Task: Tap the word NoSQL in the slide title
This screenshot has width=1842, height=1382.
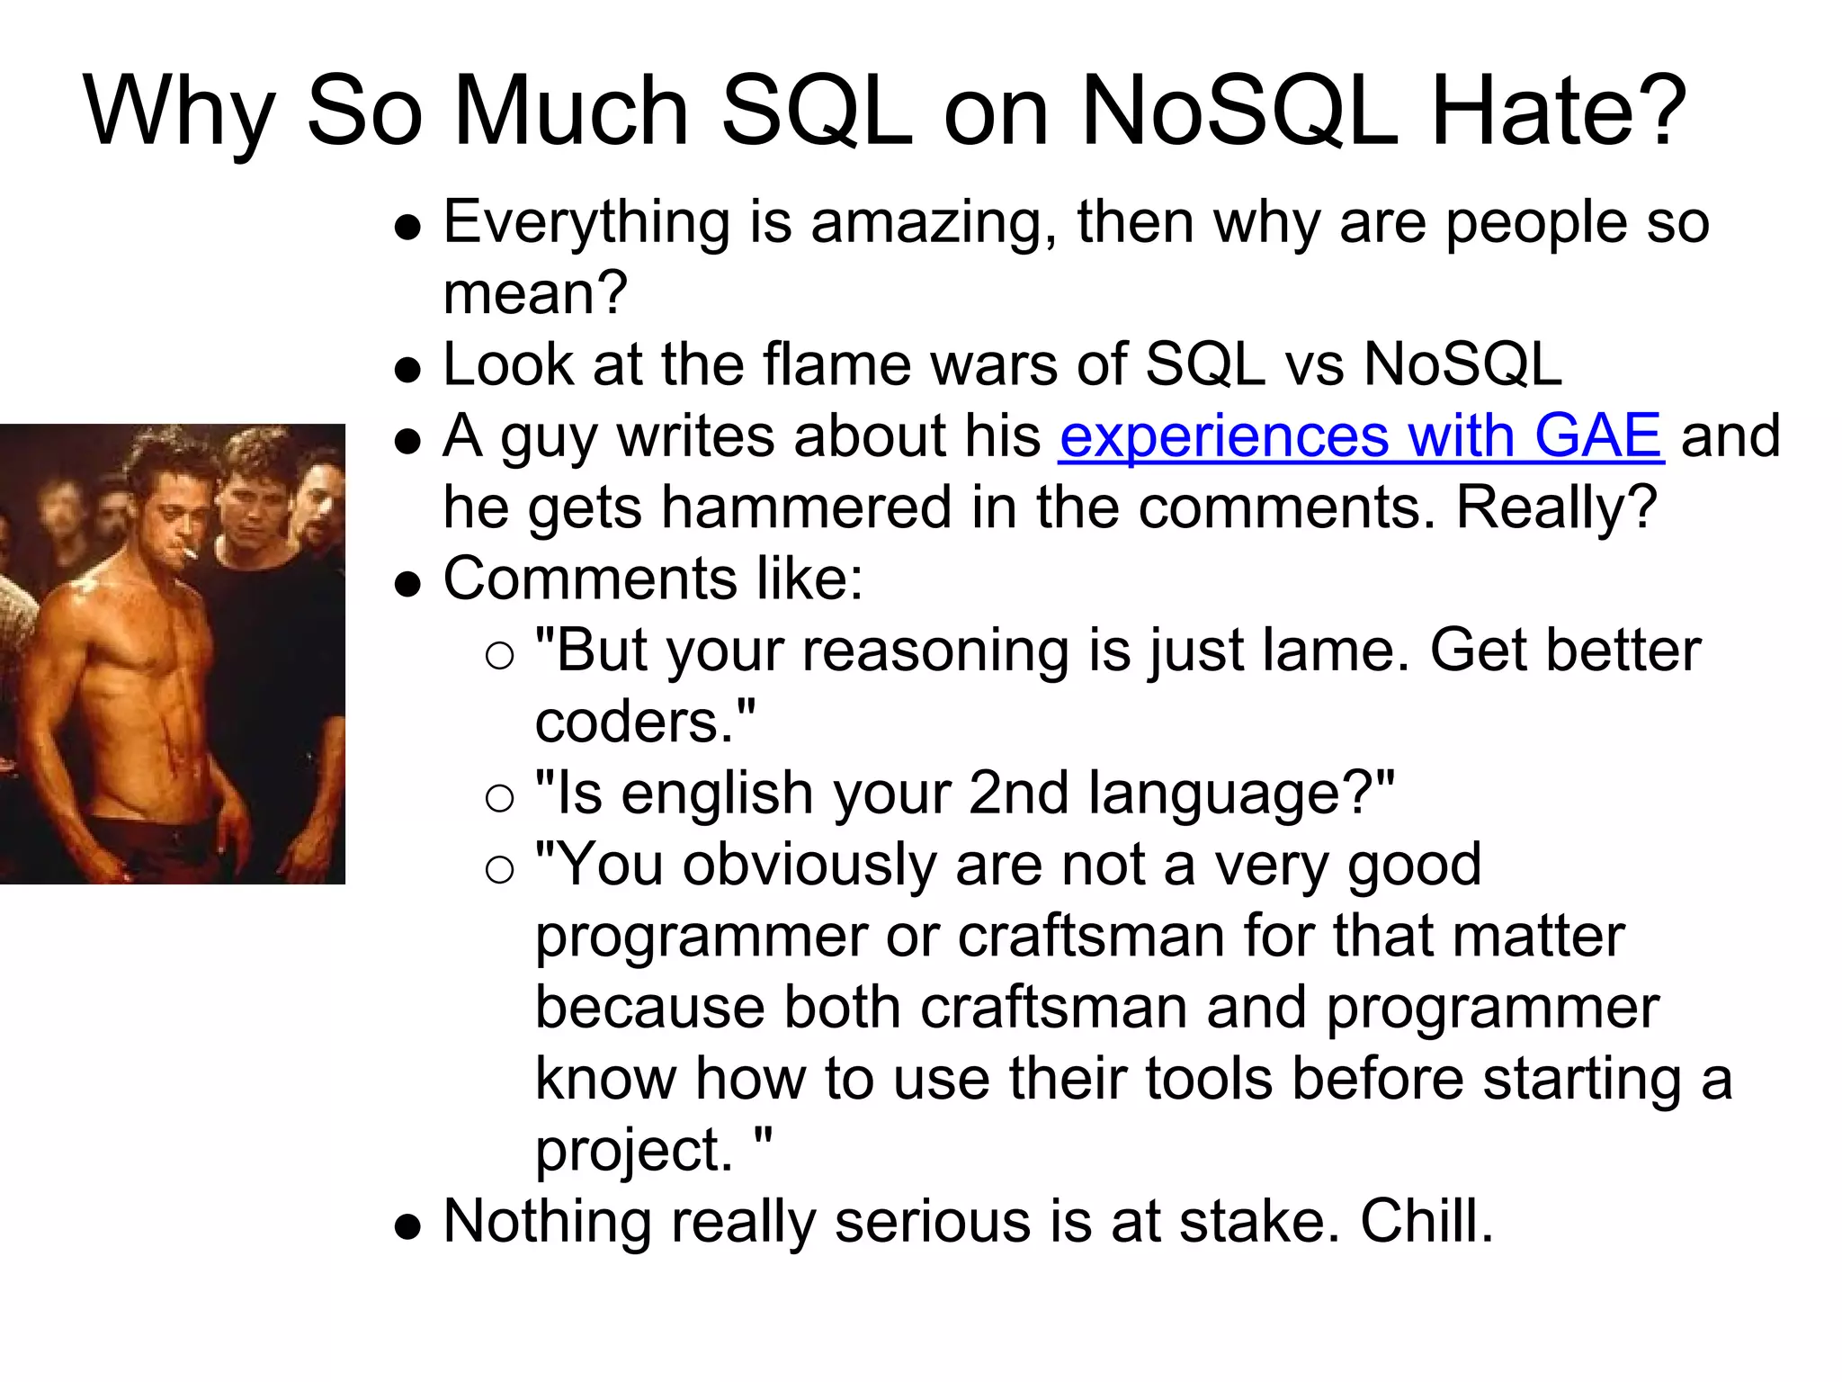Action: pyautogui.click(x=1238, y=112)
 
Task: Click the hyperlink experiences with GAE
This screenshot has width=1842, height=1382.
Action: pyautogui.click(x=1360, y=436)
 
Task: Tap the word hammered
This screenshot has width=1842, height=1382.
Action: pyautogui.click(x=806, y=507)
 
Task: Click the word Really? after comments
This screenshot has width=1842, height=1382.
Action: pyautogui.click(x=1556, y=507)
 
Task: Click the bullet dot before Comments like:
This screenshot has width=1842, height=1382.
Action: pyautogui.click(x=408, y=586)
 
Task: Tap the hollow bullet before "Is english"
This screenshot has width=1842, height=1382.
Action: pyautogui.click(x=499, y=797)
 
